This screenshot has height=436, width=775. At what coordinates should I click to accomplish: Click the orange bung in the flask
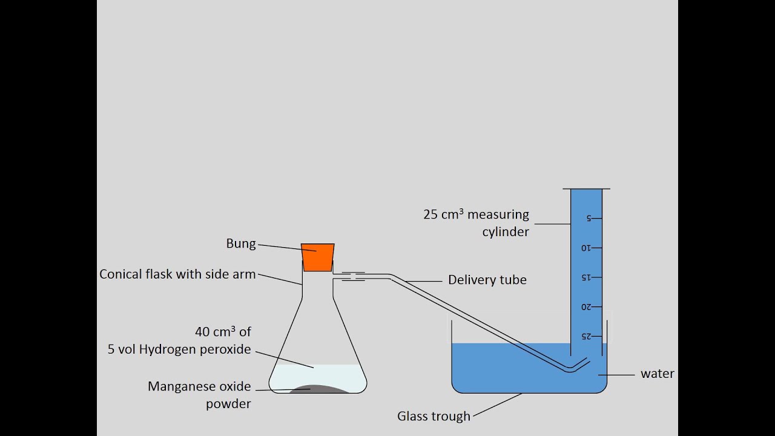[317, 257]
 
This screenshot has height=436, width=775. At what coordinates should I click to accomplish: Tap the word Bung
[241, 243]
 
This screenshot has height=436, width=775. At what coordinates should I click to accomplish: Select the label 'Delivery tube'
[487, 280]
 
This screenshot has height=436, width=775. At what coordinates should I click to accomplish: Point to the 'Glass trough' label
[434, 416]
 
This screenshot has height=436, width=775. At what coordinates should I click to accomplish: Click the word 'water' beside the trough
[657, 374]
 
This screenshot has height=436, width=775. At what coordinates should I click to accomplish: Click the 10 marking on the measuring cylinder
[585, 248]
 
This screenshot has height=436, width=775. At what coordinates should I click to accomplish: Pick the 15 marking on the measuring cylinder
[585, 277]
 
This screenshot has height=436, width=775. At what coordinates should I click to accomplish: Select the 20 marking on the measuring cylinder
[585, 307]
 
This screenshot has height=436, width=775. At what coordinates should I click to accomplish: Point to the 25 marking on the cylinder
[585, 336]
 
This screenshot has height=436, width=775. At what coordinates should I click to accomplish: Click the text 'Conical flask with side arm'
[177, 274]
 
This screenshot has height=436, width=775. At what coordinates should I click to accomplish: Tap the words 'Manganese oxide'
[199, 386]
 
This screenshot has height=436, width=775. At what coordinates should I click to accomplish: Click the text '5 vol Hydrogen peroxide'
[179, 349]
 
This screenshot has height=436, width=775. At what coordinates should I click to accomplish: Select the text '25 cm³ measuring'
[476, 214]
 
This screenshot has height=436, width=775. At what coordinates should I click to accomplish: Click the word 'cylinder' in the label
[506, 232]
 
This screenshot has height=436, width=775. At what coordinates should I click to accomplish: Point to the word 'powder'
[228, 404]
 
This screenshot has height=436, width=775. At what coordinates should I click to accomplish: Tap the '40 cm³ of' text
[223, 332]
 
